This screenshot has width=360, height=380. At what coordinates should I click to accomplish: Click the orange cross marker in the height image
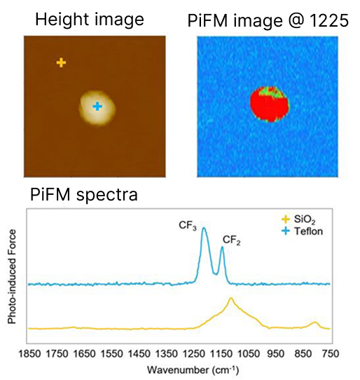pos(61,62)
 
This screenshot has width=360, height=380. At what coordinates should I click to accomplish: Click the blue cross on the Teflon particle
pos(97,106)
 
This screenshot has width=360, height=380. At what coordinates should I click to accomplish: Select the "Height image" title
pos(90,20)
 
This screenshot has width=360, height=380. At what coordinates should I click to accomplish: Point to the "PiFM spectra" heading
pos(84,194)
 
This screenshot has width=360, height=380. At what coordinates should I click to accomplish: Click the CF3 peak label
pos(188,226)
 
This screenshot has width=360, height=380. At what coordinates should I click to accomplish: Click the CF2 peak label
pos(231,240)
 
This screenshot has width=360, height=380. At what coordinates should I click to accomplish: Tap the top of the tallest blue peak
pos(204,228)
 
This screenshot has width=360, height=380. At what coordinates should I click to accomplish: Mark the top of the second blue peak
pos(222,247)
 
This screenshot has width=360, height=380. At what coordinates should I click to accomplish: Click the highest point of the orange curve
pos(230,298)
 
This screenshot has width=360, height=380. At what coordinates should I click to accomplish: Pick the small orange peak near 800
pos(314,323)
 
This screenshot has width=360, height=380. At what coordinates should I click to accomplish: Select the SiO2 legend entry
pos(298,219)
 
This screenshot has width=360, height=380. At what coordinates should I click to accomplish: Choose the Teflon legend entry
pos(302,231)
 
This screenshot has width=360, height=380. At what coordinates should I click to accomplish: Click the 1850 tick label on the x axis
pos(30,354)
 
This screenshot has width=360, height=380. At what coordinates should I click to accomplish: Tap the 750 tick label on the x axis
pos(331,354)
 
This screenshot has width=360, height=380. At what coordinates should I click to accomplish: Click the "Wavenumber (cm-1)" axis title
pos(193,370)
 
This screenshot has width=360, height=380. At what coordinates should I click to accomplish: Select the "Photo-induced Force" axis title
pos(12,276)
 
